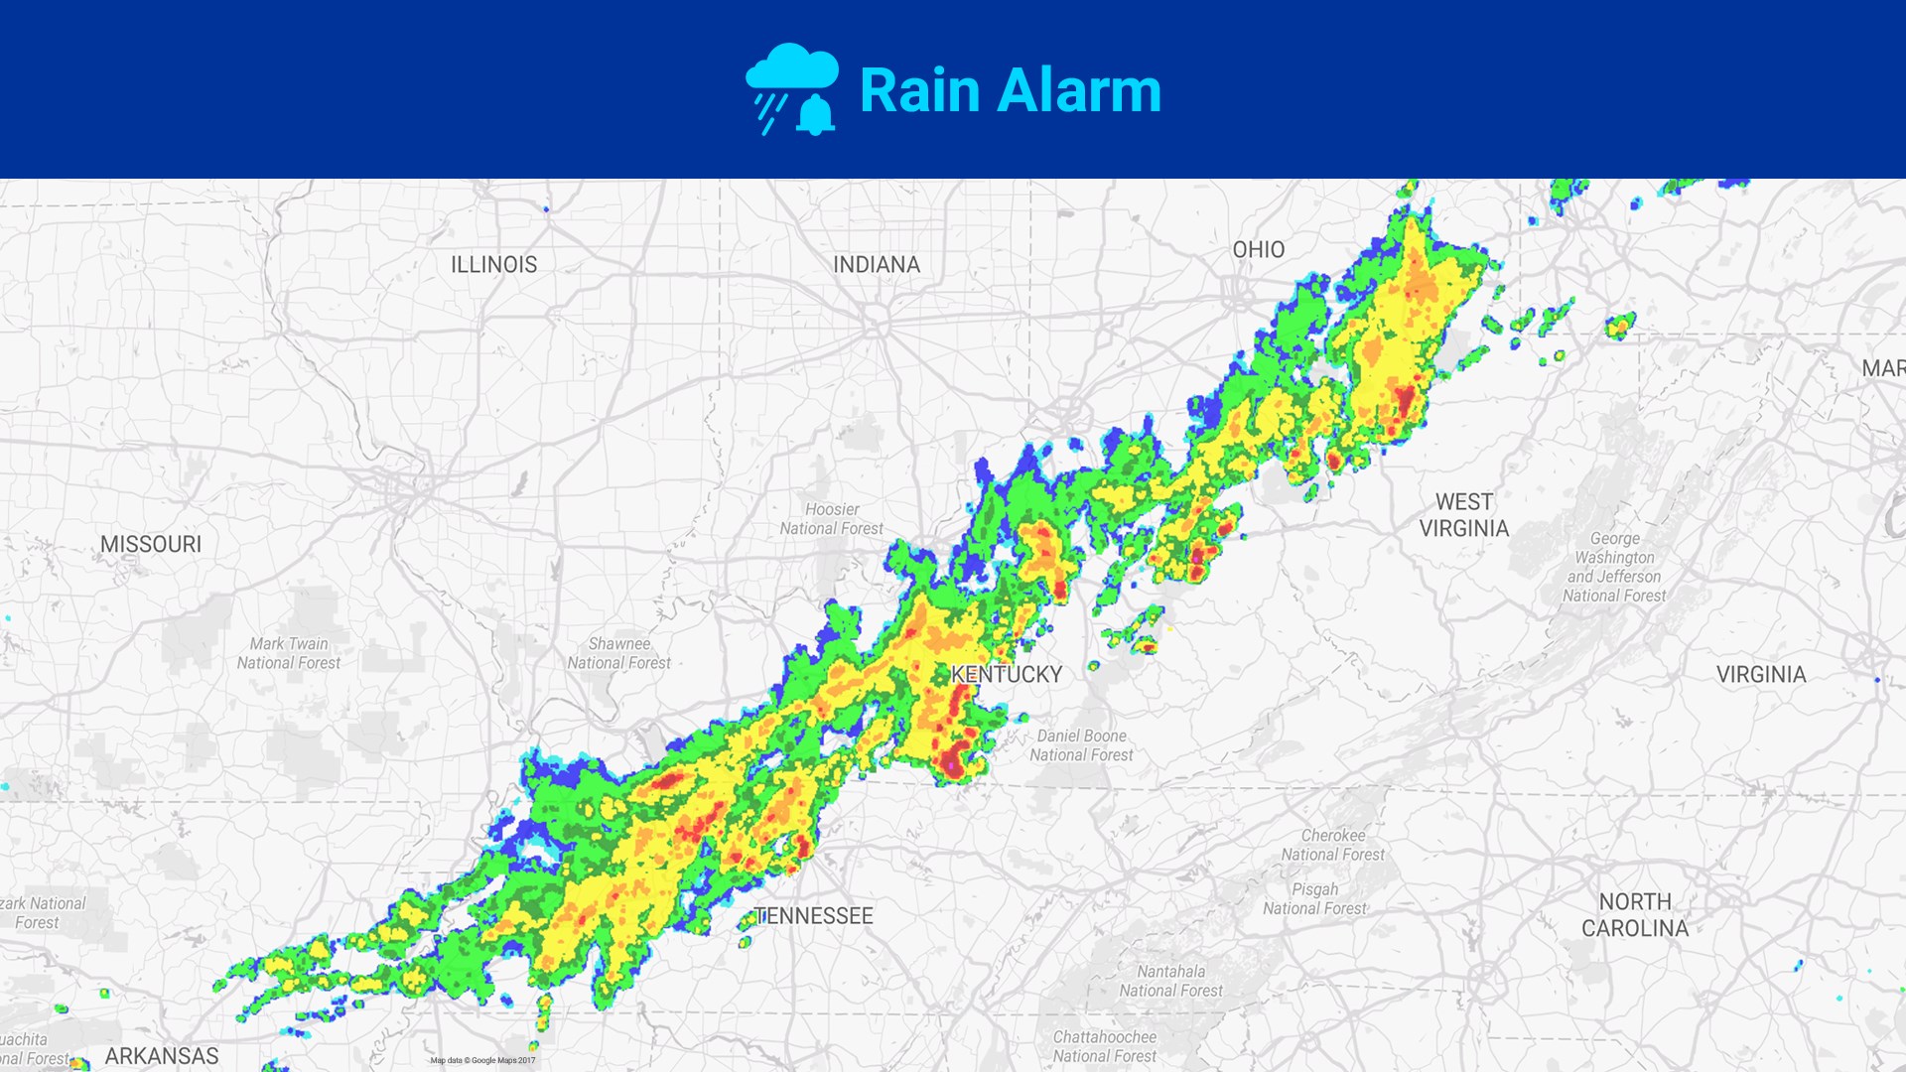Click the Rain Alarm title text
click(1010, 90)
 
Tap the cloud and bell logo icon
click(792, 89)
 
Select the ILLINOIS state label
click(493, 265)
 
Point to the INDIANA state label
click(877, 265)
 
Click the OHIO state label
click(1258, 250)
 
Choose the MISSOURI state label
click(151, 544)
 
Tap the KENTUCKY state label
click(1007, 675)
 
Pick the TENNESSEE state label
click(814, 916)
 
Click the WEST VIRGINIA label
click(1463, 515)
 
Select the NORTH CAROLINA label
click(1634, 915)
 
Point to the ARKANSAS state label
click(162, 1056)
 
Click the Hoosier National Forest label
click(832, 519)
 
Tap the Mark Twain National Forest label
click(288, 653)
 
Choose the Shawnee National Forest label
click(618, 653)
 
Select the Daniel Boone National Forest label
click(1081, 745)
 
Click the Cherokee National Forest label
click(1332, 845)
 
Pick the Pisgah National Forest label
click(1314, 899)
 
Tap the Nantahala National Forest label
click(1170, 981)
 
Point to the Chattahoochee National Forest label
click(1104, 1046)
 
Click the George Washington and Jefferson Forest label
click(1614, 567)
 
